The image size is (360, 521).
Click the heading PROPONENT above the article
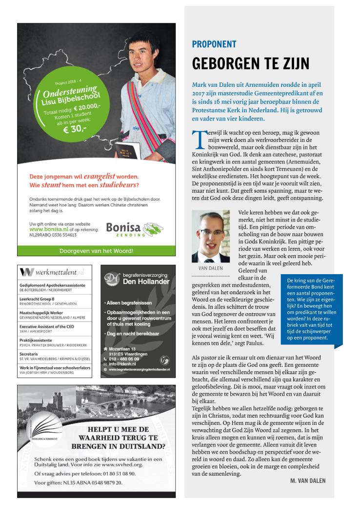pyautogui.click(x=214, y=44)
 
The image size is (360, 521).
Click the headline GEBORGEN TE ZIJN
pyautogui.click(x=251, y=63)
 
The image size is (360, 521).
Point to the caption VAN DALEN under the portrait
pyautogui.click(x=210, y=268)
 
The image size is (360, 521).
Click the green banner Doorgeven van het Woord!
pyautogui.click(x=96, y=251)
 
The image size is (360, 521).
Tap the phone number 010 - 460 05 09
pyautogui.click(x=125, y=359)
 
